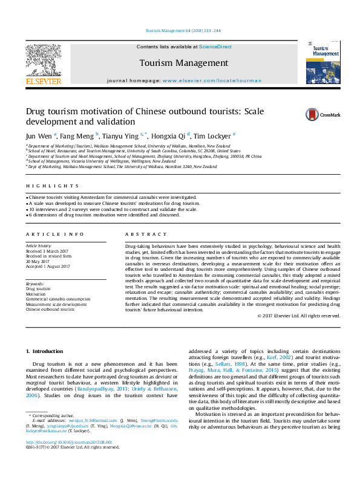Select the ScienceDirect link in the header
click(x=216, y=47)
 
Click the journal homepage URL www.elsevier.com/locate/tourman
click(x=212, y=80)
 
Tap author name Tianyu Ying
click(x=120, y=136)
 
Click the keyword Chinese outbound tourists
click(x=50, y=309)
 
